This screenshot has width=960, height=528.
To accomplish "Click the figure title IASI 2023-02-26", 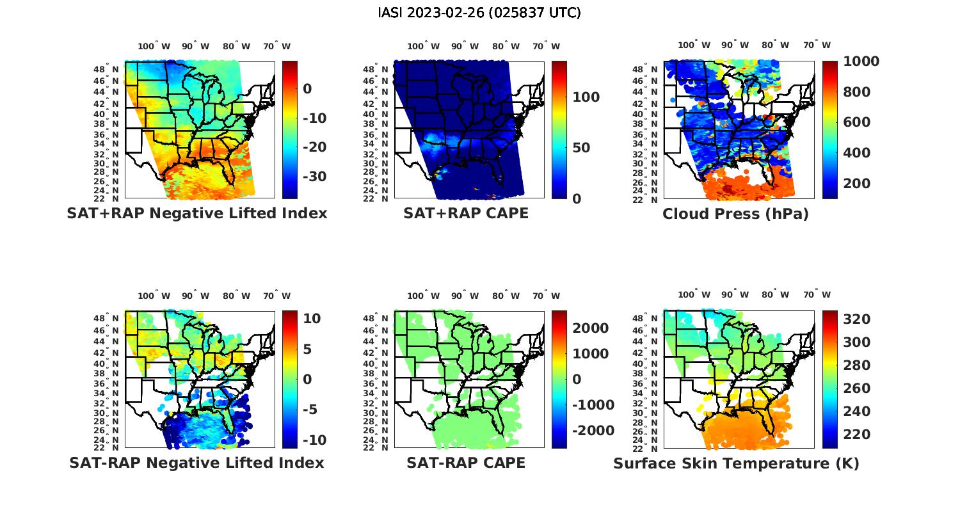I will coord(479,13).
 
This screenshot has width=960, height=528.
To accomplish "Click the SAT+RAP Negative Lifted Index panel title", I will coord(197,213).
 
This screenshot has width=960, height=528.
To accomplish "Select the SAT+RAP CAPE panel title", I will coord(466,213).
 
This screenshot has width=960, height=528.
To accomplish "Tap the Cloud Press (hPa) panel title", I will coord(735,214).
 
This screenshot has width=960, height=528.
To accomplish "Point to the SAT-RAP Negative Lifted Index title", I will coord(196,463).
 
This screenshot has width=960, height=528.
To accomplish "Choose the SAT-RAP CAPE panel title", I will coord(466,463).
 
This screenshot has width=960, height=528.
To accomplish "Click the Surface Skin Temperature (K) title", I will coord(736,463).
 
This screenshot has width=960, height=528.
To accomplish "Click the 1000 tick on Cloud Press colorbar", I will coord(861,61).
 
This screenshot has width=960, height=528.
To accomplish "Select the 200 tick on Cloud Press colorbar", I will coord(857,184).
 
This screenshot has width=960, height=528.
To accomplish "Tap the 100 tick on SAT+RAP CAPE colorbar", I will coord(586,97).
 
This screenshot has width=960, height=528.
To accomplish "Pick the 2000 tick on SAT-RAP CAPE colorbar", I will coord(591,328).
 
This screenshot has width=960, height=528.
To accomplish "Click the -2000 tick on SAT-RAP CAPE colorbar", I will coord(593,431).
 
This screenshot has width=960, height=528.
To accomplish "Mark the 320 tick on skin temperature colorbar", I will coord(857,319).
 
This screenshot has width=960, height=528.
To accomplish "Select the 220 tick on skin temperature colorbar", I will coord(857,435).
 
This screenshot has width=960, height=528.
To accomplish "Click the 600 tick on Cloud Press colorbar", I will coord(857,122).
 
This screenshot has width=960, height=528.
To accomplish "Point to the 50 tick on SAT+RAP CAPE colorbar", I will coord(581,148).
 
